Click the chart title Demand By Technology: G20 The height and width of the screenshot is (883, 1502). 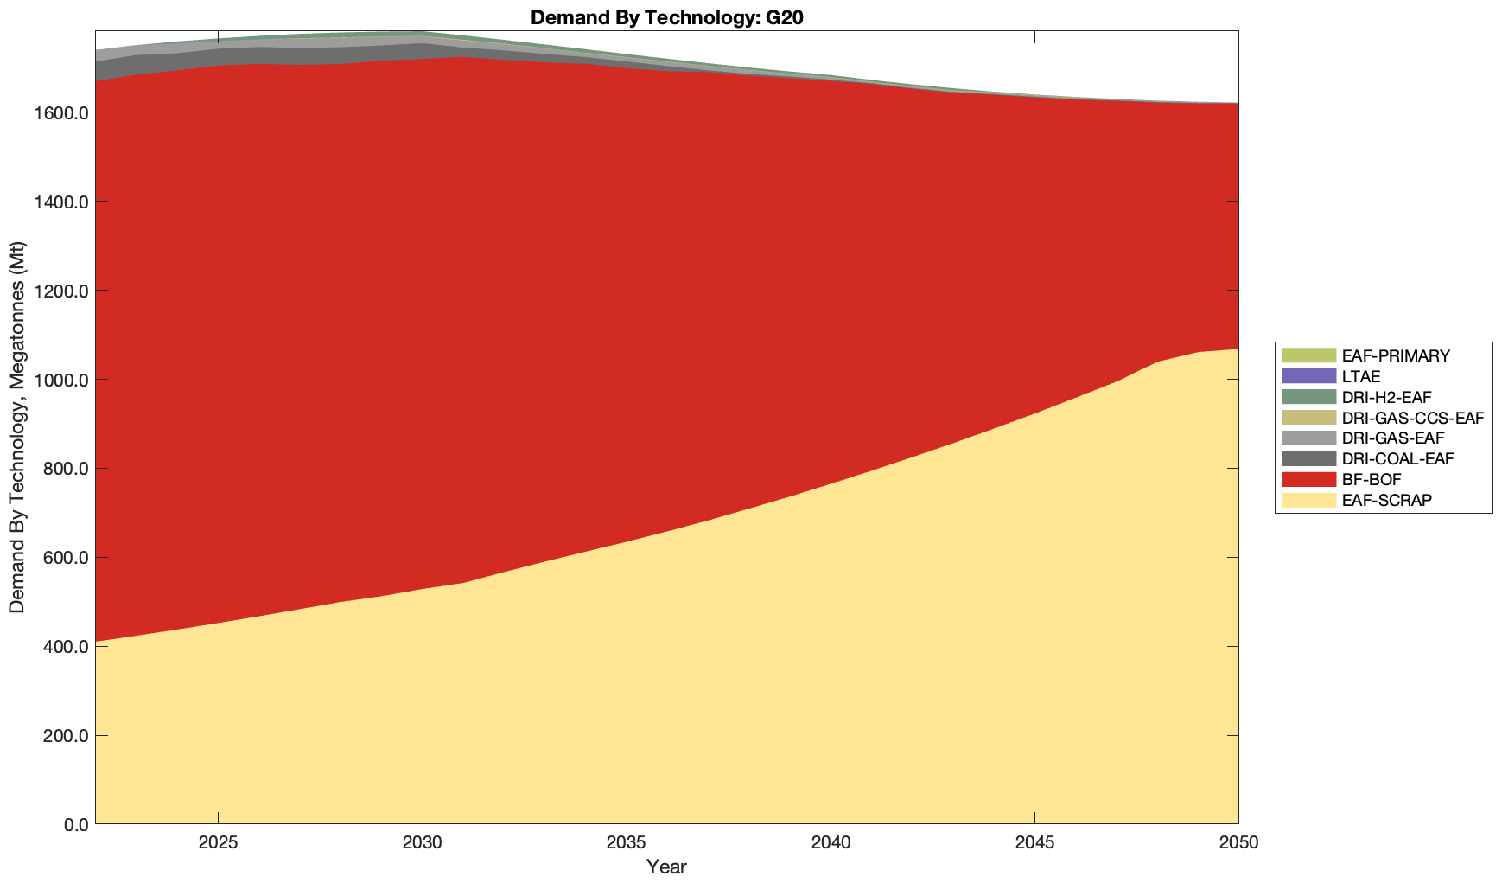point(667,17)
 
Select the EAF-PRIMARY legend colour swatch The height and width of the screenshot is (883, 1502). point(1308,355)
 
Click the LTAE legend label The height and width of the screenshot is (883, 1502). point(1361,376)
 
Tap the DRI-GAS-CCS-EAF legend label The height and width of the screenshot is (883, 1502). point(1412,418)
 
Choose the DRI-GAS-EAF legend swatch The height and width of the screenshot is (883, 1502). point(1308,438)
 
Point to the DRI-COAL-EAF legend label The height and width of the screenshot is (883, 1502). point(1397,458)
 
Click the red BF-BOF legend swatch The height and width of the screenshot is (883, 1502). point(1308,479)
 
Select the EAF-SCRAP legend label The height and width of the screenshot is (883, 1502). point(1386,500)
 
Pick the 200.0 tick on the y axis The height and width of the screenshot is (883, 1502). point(65,736)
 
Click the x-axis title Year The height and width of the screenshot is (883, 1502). point(666,867)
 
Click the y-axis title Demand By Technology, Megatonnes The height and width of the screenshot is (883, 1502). point(17,427)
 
